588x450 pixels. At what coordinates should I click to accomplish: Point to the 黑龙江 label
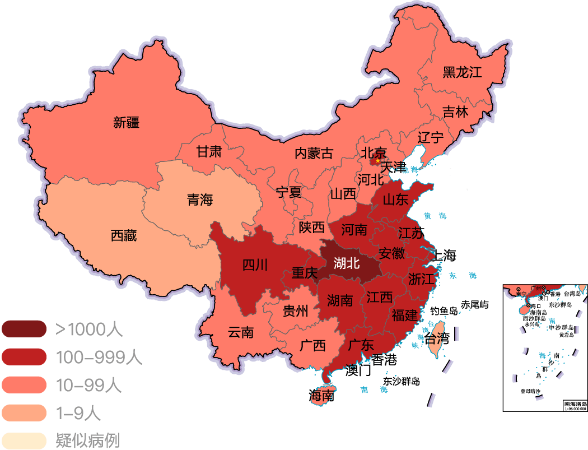pyautogui.click(x=462, y=72)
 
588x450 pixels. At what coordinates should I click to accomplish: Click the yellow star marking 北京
pyautogui.click(x=377, y=161)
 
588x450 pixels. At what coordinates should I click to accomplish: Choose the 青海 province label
pyautogui.click(x=200, y=200)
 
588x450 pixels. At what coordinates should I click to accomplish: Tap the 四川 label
pyautogui.click(x=255, y=265)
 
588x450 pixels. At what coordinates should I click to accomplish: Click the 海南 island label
pyautogui.click(x=321, y=396)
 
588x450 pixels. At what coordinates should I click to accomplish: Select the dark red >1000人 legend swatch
pyautogui.click(x=24, y=329)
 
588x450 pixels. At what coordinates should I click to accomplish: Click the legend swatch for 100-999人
pyautogui.click(x=24, y=357)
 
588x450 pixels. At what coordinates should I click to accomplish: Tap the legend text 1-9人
pyautogui.click(x=78, y=413)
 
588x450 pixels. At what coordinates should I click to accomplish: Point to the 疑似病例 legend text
pyautogui.click(x=88, y=440)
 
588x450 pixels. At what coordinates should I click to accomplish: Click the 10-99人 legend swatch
pyautogui.click(x=24, y=385)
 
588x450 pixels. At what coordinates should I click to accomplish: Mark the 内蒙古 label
pyautogui.click(x=314, y=153)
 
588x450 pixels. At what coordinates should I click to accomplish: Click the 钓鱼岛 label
pyautogui.click(x=444, y=311)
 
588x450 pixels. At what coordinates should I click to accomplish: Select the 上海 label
pyautogui.click(x=442, y=256)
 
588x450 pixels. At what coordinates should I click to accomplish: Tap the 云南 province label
pyautogui.click(x=241, y=332)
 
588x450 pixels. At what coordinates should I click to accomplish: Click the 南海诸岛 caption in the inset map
pyautogui.click(x=575, y=403)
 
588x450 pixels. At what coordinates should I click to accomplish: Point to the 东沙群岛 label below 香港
pyautogui.click(x=401, y=381)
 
